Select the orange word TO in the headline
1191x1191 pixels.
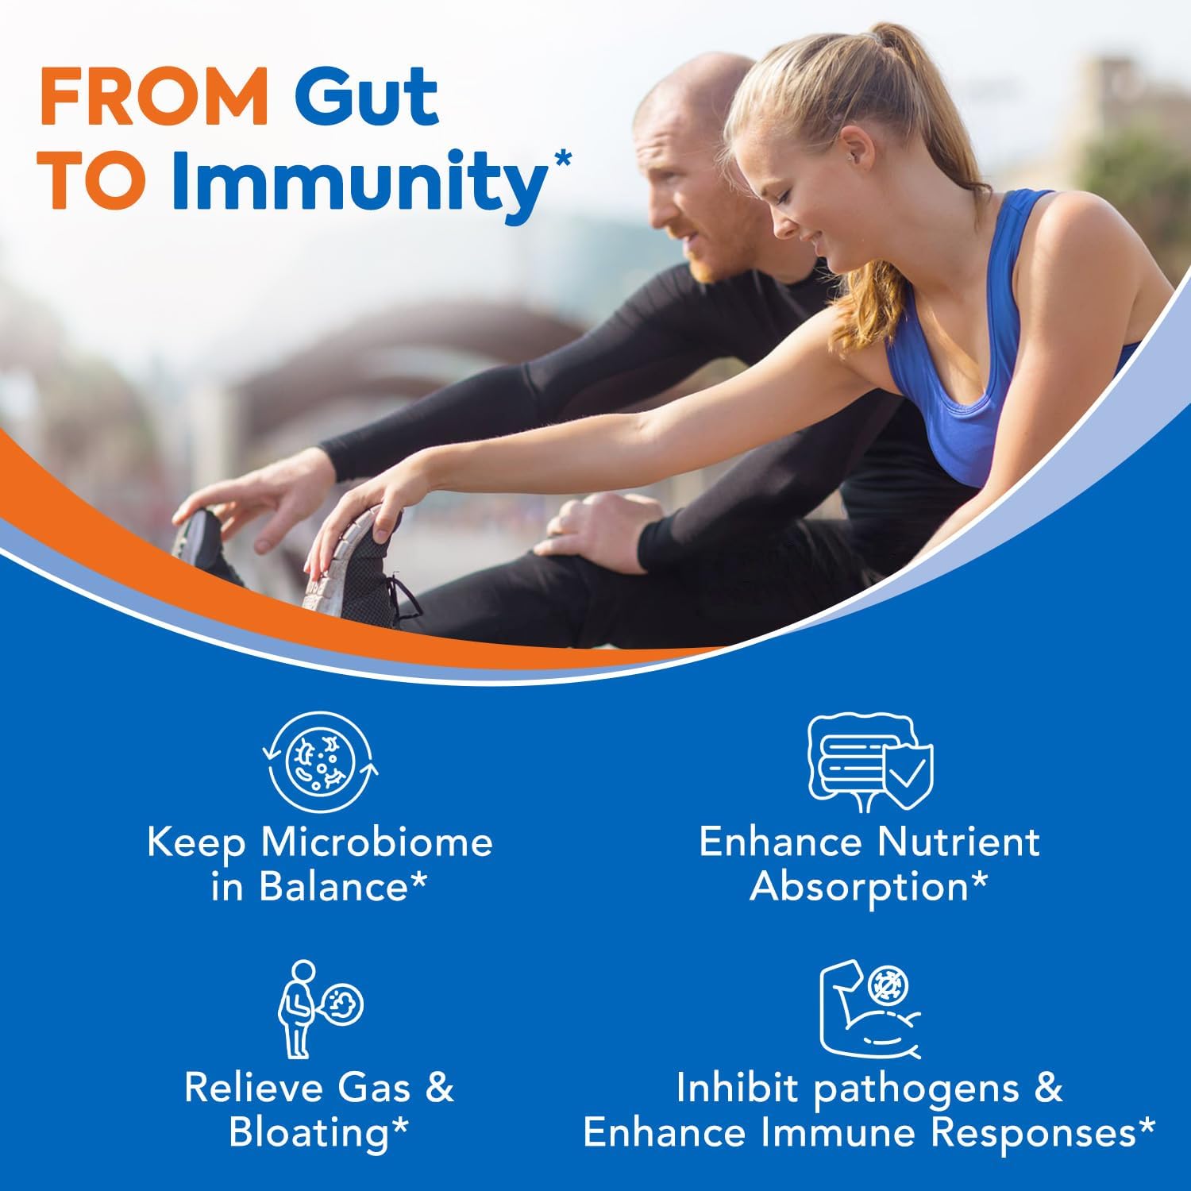[x=94, y=181]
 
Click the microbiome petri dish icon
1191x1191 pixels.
[x=320, y=763]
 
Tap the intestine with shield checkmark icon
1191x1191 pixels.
[x=869, y=762]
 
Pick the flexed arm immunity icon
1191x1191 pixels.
[x=869, y=1008]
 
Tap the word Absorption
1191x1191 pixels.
[x=859, y=887]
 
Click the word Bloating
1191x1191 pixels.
[x=310, y=1131]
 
